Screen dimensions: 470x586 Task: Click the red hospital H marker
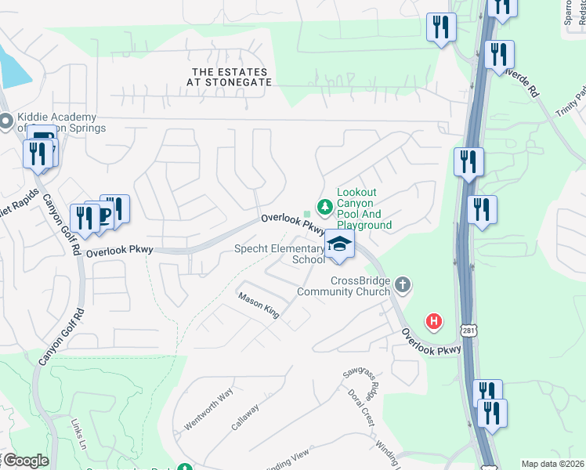433,321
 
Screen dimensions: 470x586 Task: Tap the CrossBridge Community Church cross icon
403,284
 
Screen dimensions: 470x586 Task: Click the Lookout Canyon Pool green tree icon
324,206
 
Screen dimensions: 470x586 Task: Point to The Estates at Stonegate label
231,77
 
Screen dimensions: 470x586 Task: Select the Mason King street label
259,305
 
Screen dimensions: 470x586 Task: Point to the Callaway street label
245,414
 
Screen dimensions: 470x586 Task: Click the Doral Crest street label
362,407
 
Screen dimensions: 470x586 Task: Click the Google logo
25,461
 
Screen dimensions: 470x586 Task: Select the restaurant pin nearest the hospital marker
482,210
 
